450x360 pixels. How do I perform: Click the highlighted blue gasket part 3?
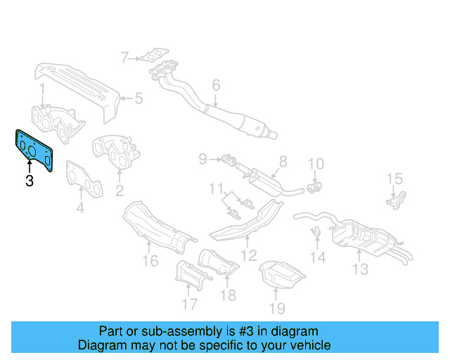(x=34, y=148)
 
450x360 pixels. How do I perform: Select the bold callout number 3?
(x=29, y=181)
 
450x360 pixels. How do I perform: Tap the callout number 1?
(x=41, y=89)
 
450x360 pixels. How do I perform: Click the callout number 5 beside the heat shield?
(x=139, y=98)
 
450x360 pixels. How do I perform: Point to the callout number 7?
(x=124, y=58)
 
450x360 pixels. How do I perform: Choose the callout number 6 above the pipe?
(x=216, y=85)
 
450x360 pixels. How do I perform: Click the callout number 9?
(x=202, y=159)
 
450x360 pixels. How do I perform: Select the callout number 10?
(x=316, y=165)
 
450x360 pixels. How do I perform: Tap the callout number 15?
(x=394, y=179)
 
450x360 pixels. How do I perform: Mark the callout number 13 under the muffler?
(x=360, y=269)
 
